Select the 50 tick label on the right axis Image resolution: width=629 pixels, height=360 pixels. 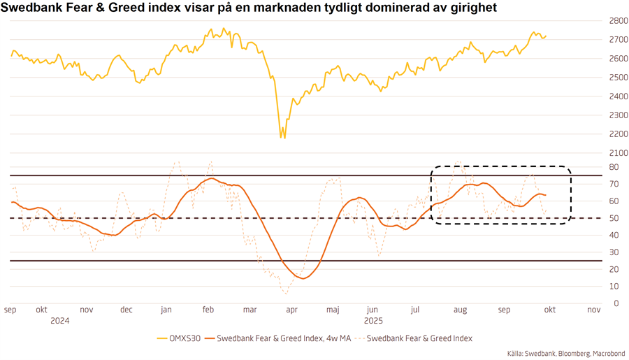pyautogui.click(x=613, y=218)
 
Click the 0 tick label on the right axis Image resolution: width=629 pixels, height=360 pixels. pyautogui.click(x=615, y=303)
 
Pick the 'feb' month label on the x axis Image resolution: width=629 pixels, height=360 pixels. pyautogui.click(x=208, y=310)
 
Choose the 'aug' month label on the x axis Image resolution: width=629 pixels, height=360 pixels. pyautogui.click(x=460, y=310)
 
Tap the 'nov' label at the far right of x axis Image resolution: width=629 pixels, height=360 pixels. pyautogui.click(x=593, y=310)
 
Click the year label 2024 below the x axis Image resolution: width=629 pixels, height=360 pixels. pyautogui.click(x=60, y=321)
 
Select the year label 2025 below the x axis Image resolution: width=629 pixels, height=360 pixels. pyautogui.click(x=373, y=321)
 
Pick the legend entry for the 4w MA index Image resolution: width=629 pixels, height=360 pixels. pyautogui.click(x=279, y=338)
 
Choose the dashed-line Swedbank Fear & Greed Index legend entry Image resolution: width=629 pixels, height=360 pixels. pyautogui.click(x=417, y=338)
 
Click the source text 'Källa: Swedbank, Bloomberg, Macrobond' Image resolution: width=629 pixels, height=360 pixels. pyautogui.click(x=566, y=354)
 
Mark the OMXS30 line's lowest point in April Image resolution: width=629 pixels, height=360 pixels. pyautogui.click(x=282, y=137)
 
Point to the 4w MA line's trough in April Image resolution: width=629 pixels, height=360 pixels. pyautogui.click(x=303, y=278)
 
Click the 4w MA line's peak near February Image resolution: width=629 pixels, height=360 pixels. pyautogui.click(x=212, y=178)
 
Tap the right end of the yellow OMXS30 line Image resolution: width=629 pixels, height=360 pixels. pyautogui.click(x=547, y=36)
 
